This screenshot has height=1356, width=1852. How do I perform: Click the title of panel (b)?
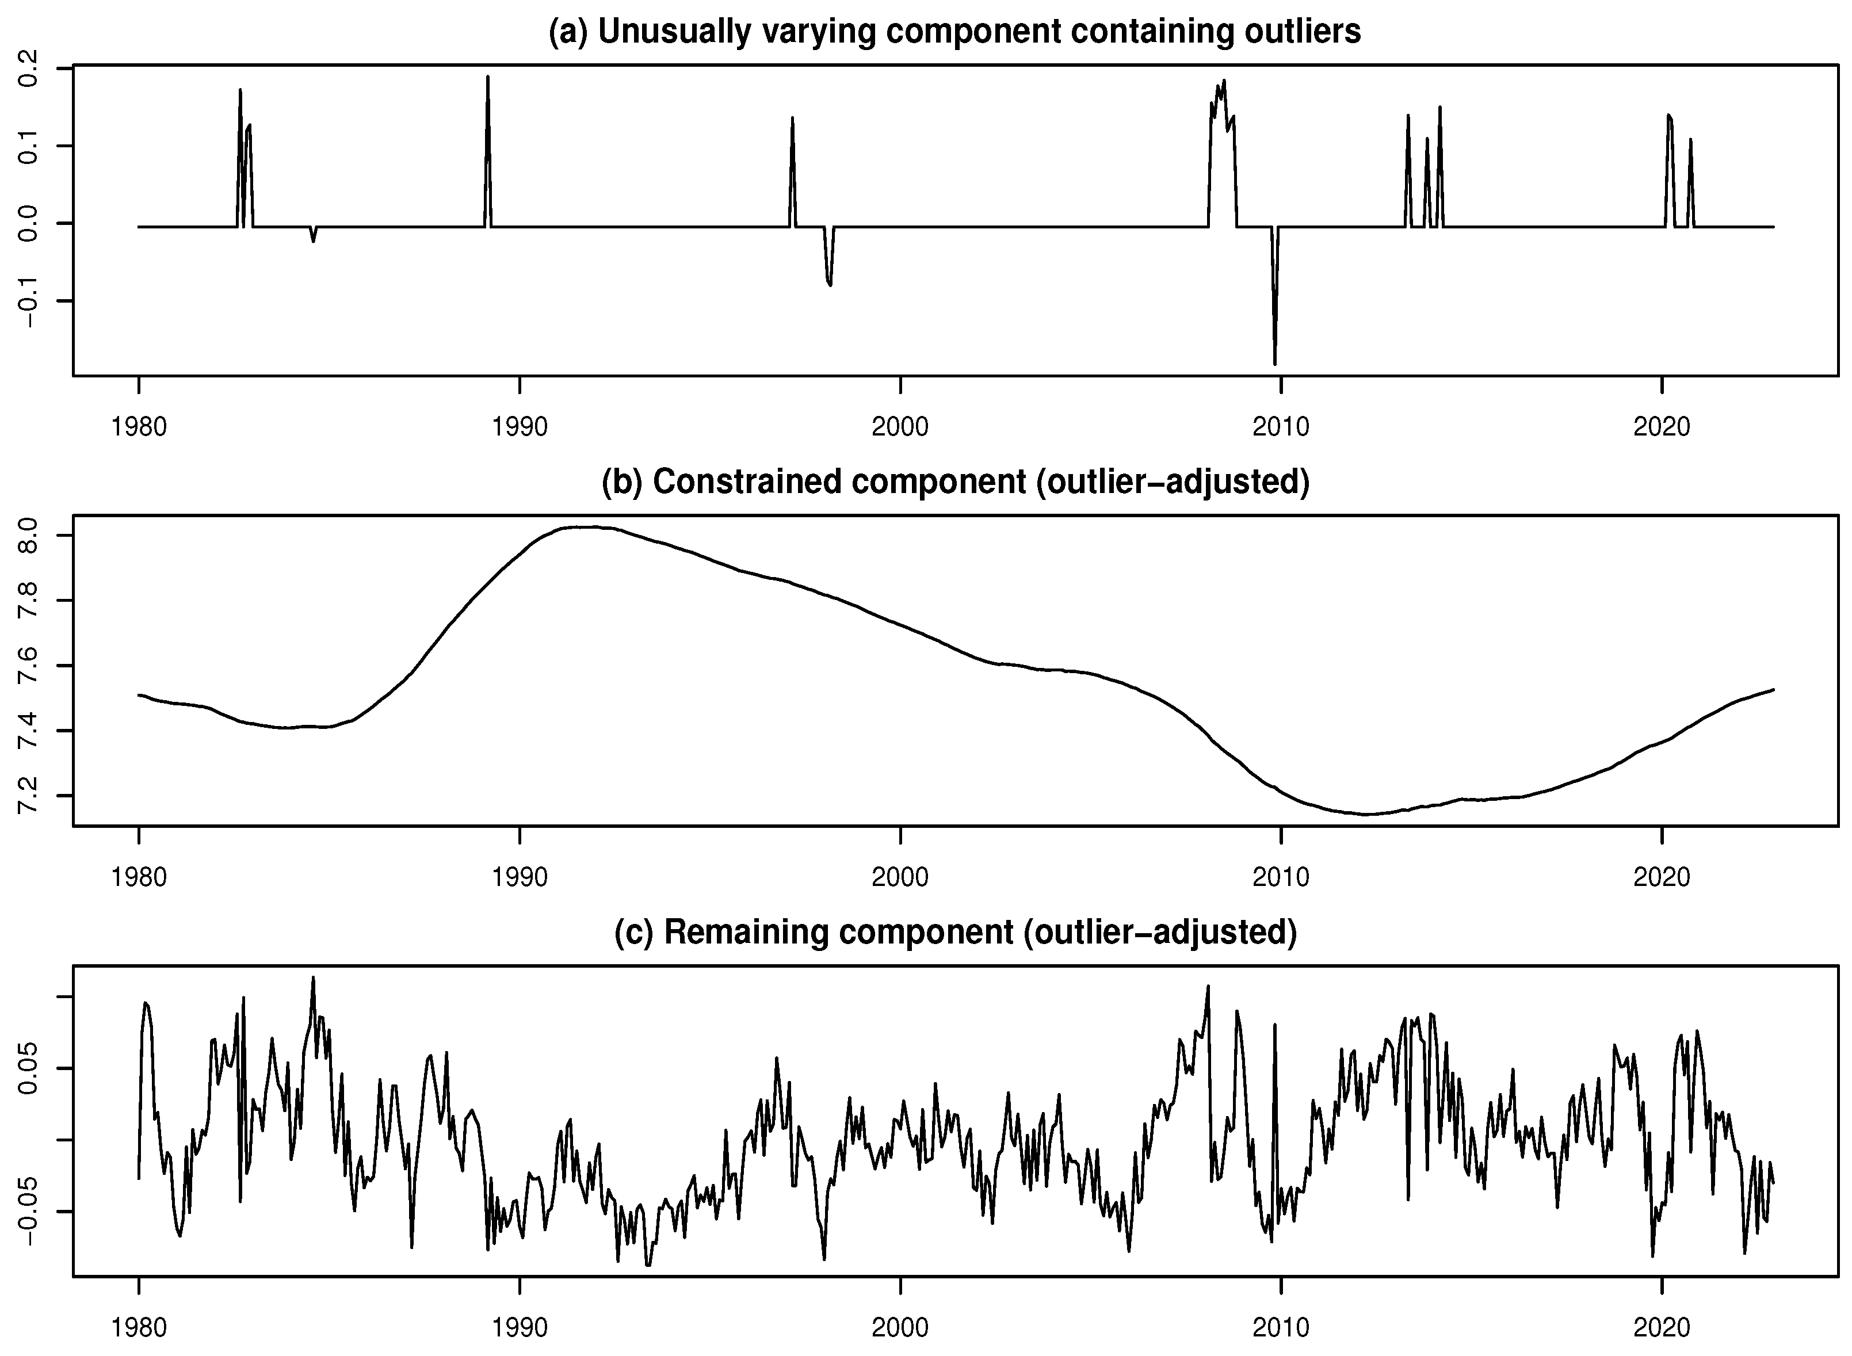click(x=954, y=482)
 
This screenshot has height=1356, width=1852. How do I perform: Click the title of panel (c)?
click(x=954, y=933)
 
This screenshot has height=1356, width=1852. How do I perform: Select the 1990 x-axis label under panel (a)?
click(x=520, y=427)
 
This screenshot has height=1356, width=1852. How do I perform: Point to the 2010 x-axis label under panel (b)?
click(x=1281, y=877)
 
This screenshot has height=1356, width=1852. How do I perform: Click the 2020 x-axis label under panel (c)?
click(x=1662, y=1328)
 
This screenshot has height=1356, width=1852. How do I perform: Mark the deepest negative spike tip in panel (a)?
click(x=1275, y=364)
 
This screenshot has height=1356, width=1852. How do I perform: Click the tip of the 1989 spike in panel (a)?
click(x=488, y=77)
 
